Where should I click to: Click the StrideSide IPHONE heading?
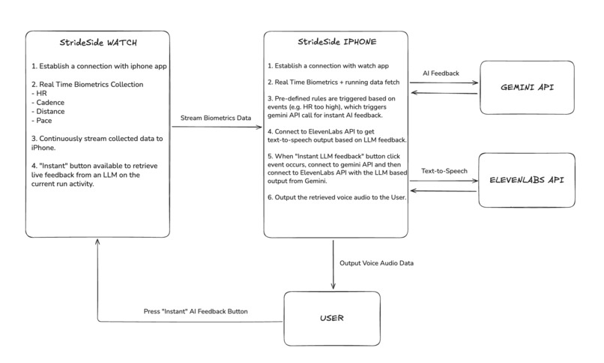tap(336, 43)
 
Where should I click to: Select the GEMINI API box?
tap(528, 88)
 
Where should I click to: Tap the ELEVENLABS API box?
tap(528, 181)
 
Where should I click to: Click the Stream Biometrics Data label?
tap(217, 117)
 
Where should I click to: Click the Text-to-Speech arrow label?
tap(444, 171)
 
